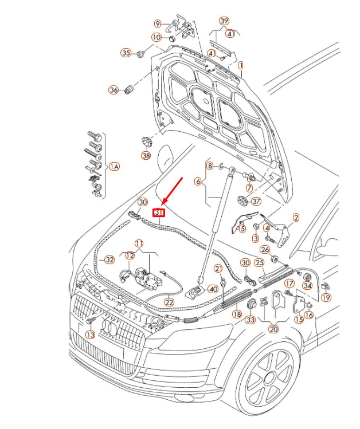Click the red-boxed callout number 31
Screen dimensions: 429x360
(159, 212)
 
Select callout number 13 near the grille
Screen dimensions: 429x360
(90, 334)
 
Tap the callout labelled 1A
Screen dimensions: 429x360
(114, 166)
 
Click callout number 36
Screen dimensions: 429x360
(114, 90)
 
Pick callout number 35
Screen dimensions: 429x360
(126, 53)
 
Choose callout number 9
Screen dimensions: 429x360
(158, 23)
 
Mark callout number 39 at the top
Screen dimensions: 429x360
(224, 21)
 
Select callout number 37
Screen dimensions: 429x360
(256, 201)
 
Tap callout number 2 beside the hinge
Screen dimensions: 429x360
(296, 217)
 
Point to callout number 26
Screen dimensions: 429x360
(264, 249)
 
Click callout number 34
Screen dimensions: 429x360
(307, 286)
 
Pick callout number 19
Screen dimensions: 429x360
(326, 297)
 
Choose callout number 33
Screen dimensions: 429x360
(250, 320)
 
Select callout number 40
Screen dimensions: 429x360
(213, 289)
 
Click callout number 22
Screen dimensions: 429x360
(169, 302)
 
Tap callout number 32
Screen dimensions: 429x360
(109, 259)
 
